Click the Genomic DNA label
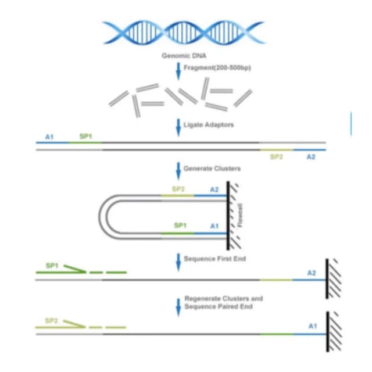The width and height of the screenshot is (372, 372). [x=184, y=56]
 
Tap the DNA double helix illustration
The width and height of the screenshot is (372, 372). [x=184, y=33]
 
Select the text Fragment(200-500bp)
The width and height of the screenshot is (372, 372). [x=217, y=68]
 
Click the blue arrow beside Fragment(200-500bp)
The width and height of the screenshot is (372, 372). [x=178, y=71]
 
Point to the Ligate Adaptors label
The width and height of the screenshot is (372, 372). [x=209, y=125]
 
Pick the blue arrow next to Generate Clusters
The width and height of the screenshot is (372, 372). [x=178, y=171]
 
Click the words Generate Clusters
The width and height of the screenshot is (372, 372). [x=212, y=169]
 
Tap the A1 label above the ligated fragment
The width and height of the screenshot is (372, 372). [x=49, y=137]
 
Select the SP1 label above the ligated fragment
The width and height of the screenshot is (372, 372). [x=85, y=137]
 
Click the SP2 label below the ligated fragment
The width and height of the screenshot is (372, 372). [x=277, y=157]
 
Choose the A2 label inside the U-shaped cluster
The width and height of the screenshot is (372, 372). [x=214, y=189]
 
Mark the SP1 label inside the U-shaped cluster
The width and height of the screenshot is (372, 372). [x=180, y=225]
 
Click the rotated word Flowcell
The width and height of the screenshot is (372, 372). [x=240, y=215]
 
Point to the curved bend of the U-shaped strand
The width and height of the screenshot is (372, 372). [x=102, y=216]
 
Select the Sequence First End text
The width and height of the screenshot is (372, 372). [x=214, y=259]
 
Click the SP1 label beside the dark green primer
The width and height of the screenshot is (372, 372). [x=52, y=266]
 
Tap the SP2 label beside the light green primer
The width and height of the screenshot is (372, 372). [x=51, y=321]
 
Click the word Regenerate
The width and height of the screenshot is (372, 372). [x=201, y=299]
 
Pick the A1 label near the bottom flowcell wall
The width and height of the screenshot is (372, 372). [x=313, y=326]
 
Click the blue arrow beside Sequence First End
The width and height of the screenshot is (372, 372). [x=178, y=262]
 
